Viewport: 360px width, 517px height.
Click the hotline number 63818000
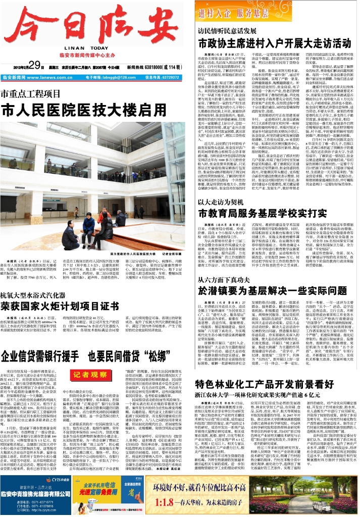pos(151,66)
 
